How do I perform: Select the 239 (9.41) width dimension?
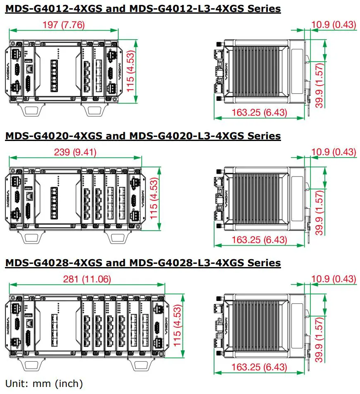tap(75, 152)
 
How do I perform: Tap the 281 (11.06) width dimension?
tap(87, 279)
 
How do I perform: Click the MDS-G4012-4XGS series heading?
tap(143, 8)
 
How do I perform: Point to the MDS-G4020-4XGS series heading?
tap(143, 136)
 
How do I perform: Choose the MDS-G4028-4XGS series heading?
tap(143, 263)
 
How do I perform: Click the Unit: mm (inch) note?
tap(44, 383)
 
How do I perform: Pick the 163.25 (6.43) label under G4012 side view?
tap(259, 112)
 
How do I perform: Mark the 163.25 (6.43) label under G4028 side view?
tap(259, 367)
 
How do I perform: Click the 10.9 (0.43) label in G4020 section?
tap(334, 152)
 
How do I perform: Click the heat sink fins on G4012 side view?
tap(256, 71)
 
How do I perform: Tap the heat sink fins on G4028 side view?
tap(256, 325)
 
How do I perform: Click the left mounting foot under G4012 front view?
tap(31, 110)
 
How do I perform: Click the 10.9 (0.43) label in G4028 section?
tap(334, 279)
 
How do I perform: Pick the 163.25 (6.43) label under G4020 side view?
tap(259, 240)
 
